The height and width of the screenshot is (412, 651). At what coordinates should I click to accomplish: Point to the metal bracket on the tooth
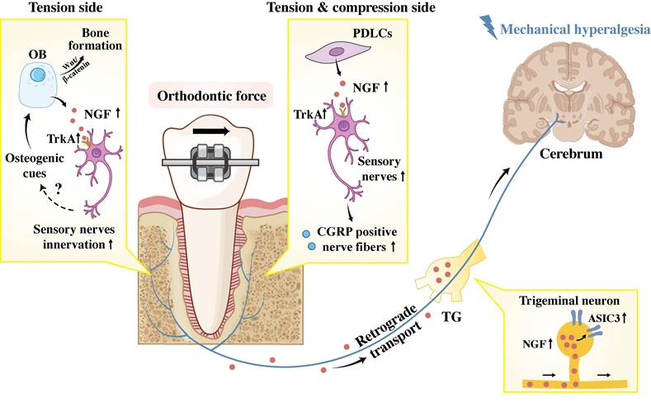click(x=214, y=161)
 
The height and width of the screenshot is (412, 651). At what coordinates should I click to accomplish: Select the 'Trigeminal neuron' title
click(x=573, y=302)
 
